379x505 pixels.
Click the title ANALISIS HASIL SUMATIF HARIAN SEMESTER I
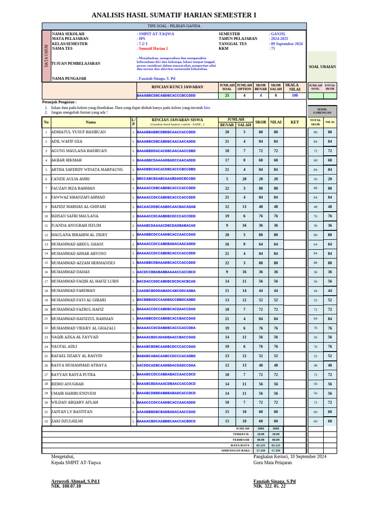pyautogui.click(x=174, y=15)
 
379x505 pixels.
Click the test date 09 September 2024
pyautogui.click(x=286, y=44)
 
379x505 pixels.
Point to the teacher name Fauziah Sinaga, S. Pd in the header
pyautogui.click(x=156, y=78)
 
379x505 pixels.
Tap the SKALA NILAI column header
pyautogui.click(x=295, y=87)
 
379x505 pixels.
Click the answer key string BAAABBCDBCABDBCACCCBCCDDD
pyautogui.click(x=166, y=95)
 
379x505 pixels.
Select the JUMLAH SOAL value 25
pyautogui.click(x=227, y=96)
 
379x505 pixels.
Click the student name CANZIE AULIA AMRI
pyautogui.click(x=71, y=179)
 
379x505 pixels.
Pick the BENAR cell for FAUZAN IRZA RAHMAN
pyautogui.click(x=227, y=188)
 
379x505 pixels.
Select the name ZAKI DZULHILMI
pyautogui.click(x=67, y=421)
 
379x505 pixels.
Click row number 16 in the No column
pyautogui.click(x=46, y=272)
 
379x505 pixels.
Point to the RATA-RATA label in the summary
pyautogui.click(x=241, y=445)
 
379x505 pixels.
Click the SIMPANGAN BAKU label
pyautogui.click(x=236, y=450)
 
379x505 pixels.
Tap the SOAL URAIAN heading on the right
pyautogui.click(x=322, y=67)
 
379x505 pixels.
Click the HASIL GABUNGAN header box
pyautogui.click(x=322, y=111)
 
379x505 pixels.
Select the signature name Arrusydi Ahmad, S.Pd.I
pyautogui.click(x=76, y=481)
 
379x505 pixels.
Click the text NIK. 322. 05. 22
pyautogui.click(x=269, y=486)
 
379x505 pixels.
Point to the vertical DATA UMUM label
pyautogui.click(x=46, y=56)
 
